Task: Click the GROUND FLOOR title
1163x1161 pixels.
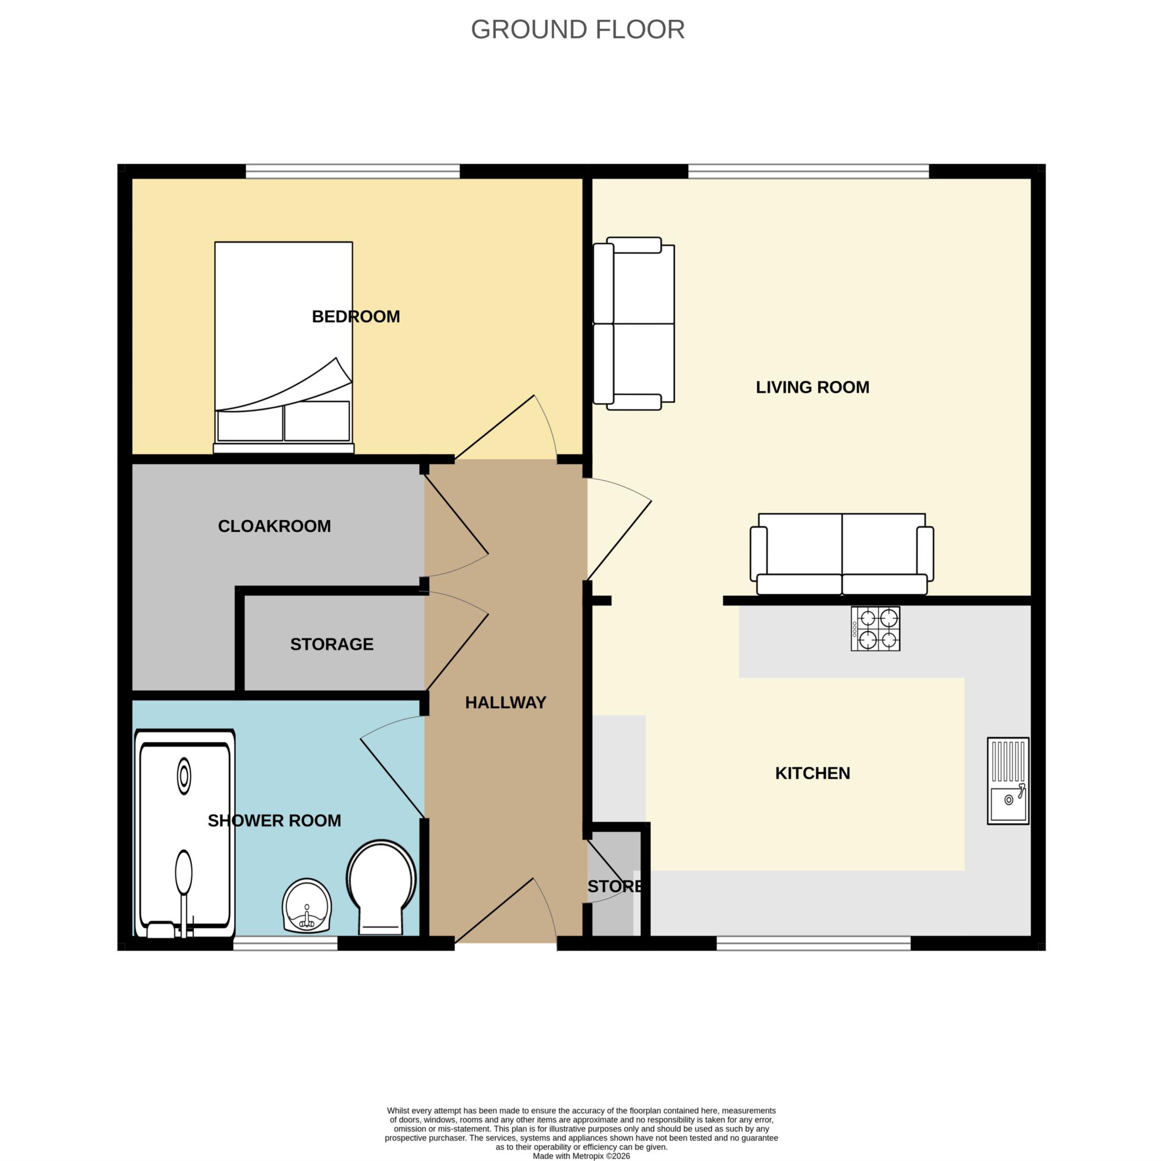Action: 578,30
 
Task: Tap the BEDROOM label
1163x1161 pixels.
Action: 355,317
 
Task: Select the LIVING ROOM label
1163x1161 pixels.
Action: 813,387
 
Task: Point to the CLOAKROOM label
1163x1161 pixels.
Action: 274,527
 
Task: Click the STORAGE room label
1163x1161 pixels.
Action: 332,644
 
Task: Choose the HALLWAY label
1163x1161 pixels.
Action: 505,703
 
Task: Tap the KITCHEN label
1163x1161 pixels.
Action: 813,773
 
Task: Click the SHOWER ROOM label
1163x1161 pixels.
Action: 274,821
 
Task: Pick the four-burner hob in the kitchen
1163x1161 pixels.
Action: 875,629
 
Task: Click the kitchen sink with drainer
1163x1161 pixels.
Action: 1009,781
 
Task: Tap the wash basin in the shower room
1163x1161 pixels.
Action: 307,905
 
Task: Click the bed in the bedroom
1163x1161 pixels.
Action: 283,348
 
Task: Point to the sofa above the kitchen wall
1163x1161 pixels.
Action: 842,554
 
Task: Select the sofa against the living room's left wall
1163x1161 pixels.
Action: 634,323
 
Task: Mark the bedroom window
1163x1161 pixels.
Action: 353,172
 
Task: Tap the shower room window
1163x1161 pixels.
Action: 285,943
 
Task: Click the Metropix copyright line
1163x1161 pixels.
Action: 581,1156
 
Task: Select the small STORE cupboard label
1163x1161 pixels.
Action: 614,887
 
